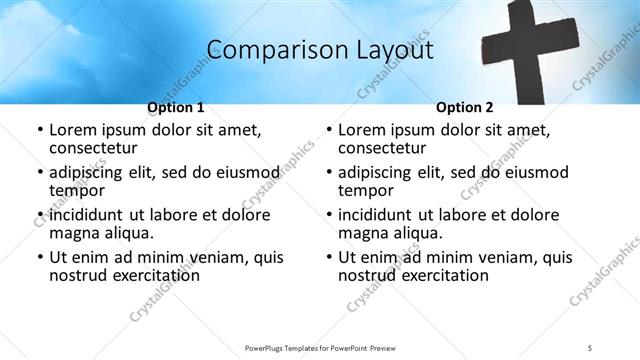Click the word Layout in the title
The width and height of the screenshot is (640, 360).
pos(386,49)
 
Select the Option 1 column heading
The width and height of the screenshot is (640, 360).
pos(176,107)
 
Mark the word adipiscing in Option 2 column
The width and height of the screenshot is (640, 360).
pos(380,172)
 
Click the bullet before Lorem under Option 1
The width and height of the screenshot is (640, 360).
pos(39,131)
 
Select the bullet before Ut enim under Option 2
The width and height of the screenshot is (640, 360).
pos(327,258)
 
